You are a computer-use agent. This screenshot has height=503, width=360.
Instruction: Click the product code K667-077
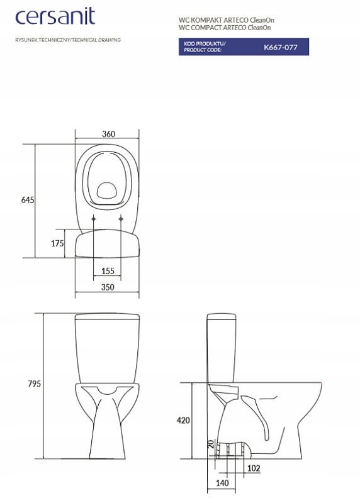click(x=280, y=47)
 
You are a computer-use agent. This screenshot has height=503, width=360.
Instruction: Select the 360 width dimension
click(x=108, y=134)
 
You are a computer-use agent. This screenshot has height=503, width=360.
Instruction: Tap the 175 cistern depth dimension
click(x=57, y=243)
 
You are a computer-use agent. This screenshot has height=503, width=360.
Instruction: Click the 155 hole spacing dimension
click(x=107, y=271)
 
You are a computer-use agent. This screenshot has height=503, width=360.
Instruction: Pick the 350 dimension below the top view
click(x=107, y=287)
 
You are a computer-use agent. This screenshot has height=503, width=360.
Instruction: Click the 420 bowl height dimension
click(x=183, y=420)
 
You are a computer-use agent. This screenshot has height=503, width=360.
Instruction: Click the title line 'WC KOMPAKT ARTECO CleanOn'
click(x=226, y=20)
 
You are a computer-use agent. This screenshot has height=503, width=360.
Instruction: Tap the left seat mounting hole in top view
click(x=94, y=219)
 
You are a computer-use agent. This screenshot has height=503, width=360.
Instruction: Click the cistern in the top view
click(x=107, y=245)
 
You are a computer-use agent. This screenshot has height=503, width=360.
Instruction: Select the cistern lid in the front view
click(x=107, y=316)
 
